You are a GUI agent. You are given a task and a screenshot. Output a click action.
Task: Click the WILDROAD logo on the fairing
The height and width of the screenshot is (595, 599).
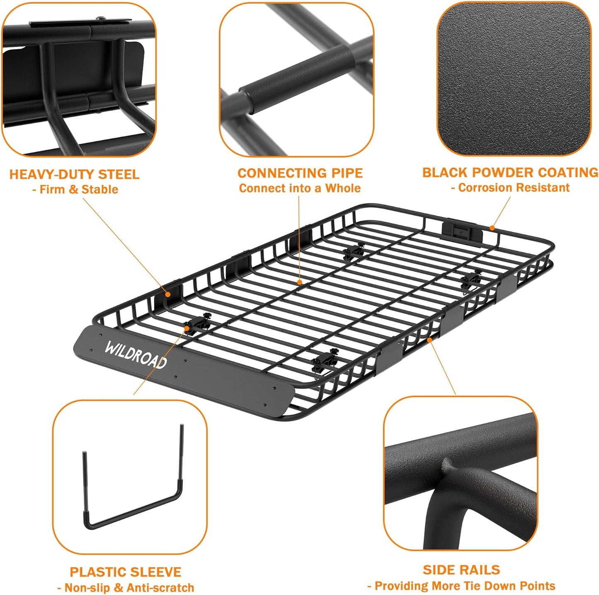(136, 354)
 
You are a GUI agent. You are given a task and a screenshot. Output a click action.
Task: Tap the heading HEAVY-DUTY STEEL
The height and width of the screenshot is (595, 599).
(74, 174)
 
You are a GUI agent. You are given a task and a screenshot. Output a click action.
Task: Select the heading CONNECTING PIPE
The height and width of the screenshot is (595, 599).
(300, 173)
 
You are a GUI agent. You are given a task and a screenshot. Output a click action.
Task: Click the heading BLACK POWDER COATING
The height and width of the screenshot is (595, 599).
(510, 173)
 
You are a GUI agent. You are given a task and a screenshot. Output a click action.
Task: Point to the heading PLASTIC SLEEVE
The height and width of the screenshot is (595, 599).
(125, 572)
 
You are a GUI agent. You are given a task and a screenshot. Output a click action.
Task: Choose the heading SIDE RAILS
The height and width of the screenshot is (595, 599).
(461, 570)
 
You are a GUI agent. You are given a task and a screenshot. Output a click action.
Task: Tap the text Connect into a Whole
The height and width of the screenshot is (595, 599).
(300, 188)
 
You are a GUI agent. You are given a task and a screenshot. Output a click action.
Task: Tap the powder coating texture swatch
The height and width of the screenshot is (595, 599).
(514, 79)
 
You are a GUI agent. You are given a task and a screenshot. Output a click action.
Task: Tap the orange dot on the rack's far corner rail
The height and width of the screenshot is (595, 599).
(492, 227)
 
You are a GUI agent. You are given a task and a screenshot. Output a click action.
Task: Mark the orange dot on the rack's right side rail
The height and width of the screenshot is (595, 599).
(430, 340)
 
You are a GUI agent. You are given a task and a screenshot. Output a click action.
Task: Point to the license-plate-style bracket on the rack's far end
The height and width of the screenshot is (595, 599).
(462, 233)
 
